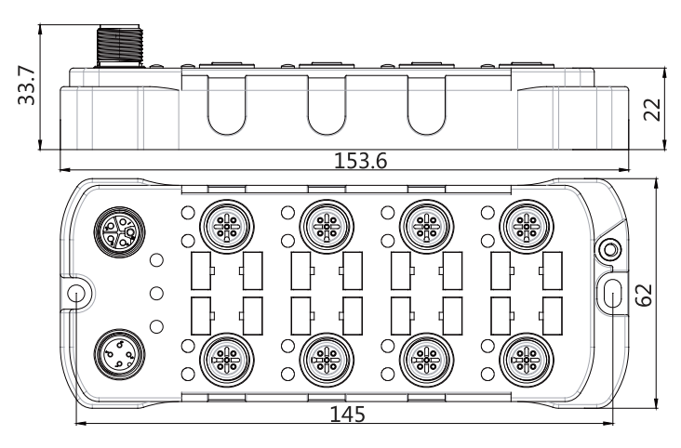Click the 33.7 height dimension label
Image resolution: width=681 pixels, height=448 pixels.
coord(26,86)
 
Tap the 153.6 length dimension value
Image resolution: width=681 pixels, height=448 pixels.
coord(360,161)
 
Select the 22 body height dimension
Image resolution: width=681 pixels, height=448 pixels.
coord(652,110)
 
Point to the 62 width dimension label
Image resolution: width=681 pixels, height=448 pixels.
coord(644,296)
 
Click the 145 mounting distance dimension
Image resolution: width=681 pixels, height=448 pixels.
coord(347,415)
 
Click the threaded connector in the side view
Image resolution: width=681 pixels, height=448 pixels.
coord(119,46)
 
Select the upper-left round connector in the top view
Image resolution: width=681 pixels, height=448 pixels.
coord(119,231)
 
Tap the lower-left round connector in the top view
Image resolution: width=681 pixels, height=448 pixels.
coord(119,356)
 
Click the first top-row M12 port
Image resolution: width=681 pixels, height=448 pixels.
coord(227,227)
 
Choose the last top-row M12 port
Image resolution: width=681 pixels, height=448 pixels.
coord(527,227)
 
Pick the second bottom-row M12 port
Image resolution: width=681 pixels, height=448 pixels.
coord(327,361)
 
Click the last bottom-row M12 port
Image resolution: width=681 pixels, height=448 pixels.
coord(527,361)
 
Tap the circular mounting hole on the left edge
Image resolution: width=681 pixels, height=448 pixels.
coord(76,293)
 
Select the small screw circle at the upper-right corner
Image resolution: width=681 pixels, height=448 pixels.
coord(609,250)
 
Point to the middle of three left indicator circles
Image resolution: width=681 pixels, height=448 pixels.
coord(156,294)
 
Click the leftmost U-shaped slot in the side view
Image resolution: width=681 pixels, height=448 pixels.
coord(226,105)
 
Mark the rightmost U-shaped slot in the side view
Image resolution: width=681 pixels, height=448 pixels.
coord(426,105)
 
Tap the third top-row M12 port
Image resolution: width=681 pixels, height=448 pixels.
coord(426,227)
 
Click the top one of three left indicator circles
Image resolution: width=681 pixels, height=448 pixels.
coord(156,260)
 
